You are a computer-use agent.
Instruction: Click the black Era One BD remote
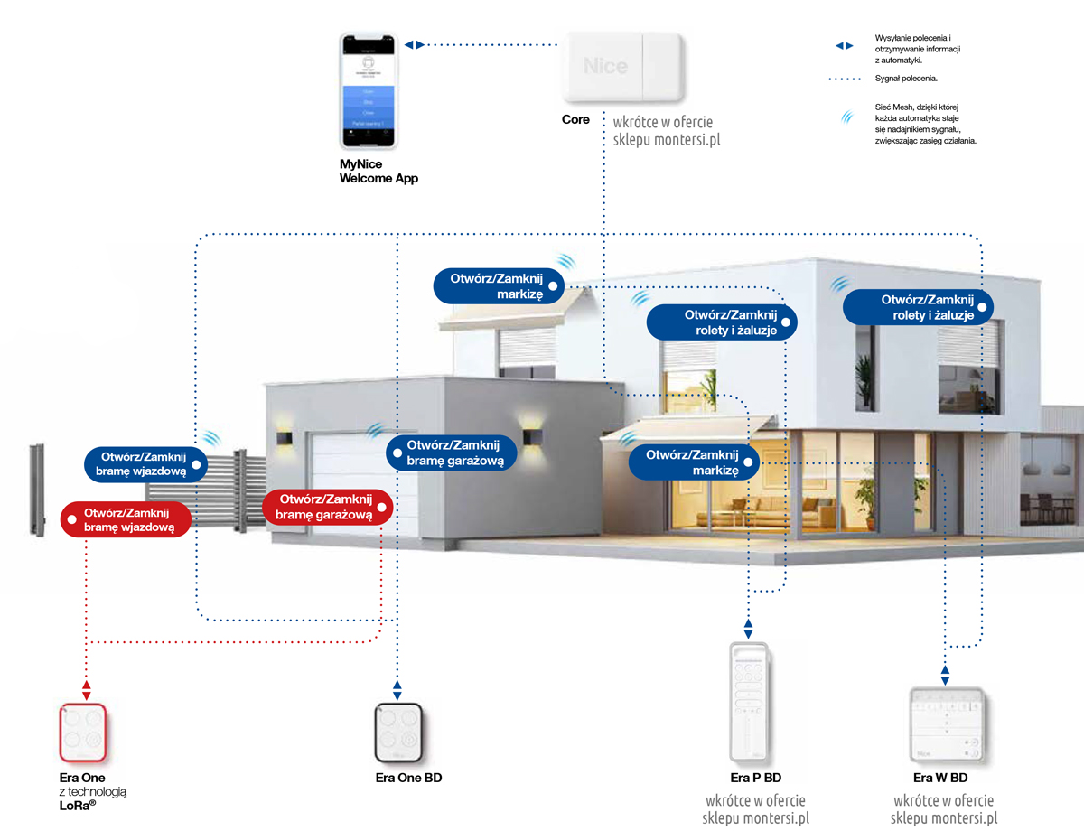397,733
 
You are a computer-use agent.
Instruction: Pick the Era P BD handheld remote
749,701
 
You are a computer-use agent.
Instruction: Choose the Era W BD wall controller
945,723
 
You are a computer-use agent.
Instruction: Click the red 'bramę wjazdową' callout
126,519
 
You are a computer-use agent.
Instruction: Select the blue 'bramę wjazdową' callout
145,462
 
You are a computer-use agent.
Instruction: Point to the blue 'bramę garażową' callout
451,453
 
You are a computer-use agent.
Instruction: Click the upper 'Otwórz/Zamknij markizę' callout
499,285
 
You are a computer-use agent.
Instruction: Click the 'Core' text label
575,119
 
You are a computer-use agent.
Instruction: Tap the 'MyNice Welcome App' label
378,172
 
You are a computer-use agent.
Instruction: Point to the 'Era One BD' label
408,778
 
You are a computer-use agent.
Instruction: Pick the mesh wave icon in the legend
846,117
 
